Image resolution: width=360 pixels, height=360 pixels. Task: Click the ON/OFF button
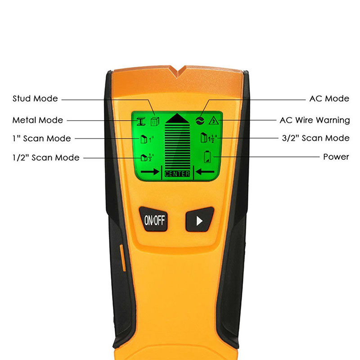[153, 219]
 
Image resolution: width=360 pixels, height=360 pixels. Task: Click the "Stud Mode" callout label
[35, 99]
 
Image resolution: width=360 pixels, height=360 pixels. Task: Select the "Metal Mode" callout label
[38, 120]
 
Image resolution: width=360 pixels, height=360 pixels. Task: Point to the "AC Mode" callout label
[329, 99]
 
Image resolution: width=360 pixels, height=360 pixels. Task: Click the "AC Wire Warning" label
[315, 120]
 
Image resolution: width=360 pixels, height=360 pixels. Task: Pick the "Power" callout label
[336, 157]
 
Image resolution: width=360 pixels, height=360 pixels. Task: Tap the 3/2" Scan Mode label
[316, 138]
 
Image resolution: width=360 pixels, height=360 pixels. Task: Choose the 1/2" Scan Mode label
[46, 157]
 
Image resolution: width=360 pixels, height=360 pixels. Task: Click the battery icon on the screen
[207, 157]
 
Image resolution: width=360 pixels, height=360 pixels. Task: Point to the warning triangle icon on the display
[214, 120]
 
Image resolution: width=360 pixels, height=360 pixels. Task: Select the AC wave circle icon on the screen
[200, 120]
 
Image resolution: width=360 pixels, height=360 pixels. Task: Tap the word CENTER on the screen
[177, 174]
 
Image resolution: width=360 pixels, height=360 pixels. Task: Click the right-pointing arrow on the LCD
[150, 171]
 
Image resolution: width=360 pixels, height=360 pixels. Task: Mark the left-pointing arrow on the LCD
[205, 171]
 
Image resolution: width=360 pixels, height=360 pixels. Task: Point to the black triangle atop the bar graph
[177, 118]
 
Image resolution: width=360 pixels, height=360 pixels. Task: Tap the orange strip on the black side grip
[122, 258]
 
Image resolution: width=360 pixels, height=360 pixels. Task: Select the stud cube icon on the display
[155, 121]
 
